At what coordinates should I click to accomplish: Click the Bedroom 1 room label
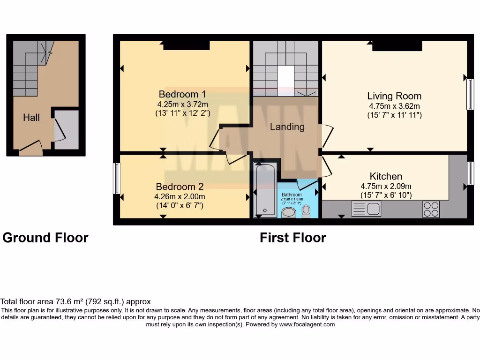tap(182, 93)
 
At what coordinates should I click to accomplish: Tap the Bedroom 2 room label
tap(180, 186)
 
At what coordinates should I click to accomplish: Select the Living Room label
tap(394, 96)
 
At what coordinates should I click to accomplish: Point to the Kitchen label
tap(386, 176)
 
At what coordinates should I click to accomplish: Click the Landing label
tap(287, 127)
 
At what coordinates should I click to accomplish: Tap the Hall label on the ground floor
tap(31, 118)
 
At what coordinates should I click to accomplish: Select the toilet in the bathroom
tap(307, 211)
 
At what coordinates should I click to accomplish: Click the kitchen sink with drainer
tap(367, 209)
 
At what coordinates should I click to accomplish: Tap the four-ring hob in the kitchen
tap(431, 209)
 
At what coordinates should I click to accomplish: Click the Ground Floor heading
tap(45, 238)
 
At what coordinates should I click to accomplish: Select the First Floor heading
tap(293, 238)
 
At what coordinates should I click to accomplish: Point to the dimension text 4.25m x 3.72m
tap(183, 104)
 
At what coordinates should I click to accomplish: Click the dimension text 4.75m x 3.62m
tap(394, 106)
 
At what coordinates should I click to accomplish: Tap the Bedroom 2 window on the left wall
tap(116, 178)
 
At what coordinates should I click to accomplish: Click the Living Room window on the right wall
tap(470, 94)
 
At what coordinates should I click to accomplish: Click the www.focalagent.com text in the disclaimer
tap(307, 324)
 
